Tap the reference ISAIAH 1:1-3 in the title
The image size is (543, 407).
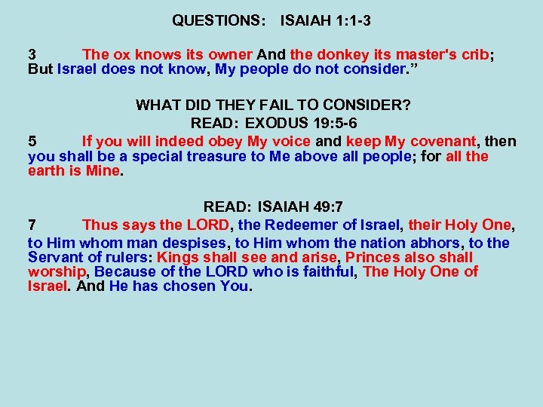(325, 20)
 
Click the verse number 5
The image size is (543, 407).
(32, 141)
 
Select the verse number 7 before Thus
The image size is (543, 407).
(32, 225)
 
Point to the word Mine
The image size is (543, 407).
(103, 170)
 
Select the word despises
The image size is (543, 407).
(194, 243)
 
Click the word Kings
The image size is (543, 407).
(177, 257)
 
